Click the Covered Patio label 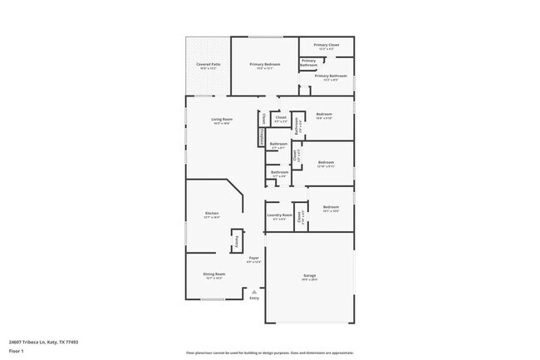(x=209, y=64)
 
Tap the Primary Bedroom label (x=265, y=64)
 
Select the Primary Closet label (x=326, y=45)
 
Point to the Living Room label (x=221, y=120)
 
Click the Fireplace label (x=262, y=136)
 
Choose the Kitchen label (x=212, y=214)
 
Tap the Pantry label (x=237, y=242)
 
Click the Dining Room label (x=214, y=274)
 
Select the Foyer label (x=254, y=258)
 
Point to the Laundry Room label (x=279, y=215)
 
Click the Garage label (x=309, y=275)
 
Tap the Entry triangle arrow (x=254, y=291)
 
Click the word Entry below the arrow (x=254, y=298)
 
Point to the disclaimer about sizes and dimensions (x=270, y=353)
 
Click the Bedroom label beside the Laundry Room (x=331, y=207)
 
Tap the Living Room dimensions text (x=221, y=124)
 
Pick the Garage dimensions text (x=309, y=279)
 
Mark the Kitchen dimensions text (x=212, y=218)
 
